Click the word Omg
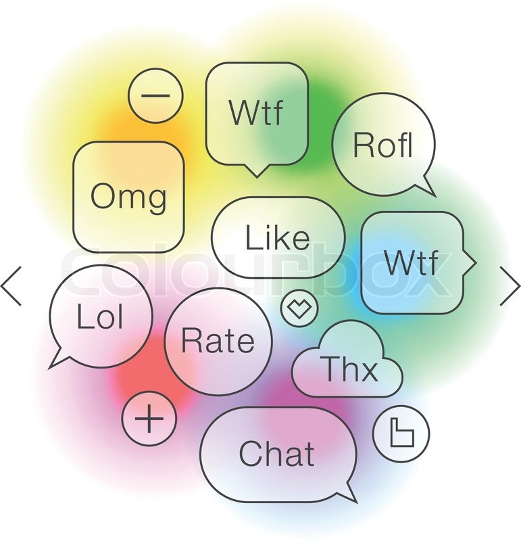128,196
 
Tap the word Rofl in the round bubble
383,145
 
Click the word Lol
100,316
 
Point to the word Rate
218,340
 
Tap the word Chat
276,452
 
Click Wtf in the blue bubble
412,262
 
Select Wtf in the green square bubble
256,112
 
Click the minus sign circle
155,95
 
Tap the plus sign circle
149,419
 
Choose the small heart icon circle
299,308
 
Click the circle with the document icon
401,433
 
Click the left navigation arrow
10,285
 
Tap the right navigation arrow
510,285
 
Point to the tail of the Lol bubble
58,359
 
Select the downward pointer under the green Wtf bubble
257,172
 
